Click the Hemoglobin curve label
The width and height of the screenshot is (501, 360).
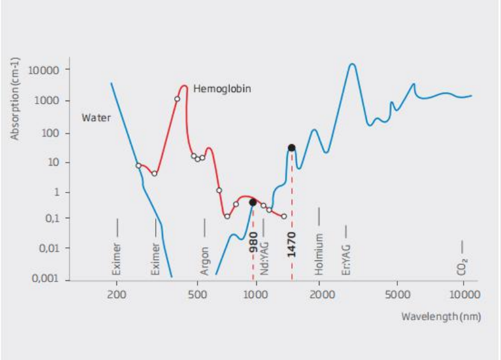[x=222, y=89]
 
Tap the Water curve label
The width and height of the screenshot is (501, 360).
[x=96, y=117]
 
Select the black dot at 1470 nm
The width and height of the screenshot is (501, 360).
[x=292, y=147]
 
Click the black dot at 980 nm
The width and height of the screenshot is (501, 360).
[x=253, y=202]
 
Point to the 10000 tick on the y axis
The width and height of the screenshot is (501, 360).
[x=44, y=70]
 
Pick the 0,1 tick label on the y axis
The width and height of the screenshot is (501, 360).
[x=50, y=218]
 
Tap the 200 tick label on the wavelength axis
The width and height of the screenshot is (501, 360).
[x=117, y=294]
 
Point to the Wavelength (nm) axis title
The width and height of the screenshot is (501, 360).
[x=441, y=316]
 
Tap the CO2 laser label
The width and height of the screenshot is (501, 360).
[x=463, y=265]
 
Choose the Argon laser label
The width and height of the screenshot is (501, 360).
[x=205, y=261]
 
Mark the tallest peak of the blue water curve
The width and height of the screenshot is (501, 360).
[x=352, y=64]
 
